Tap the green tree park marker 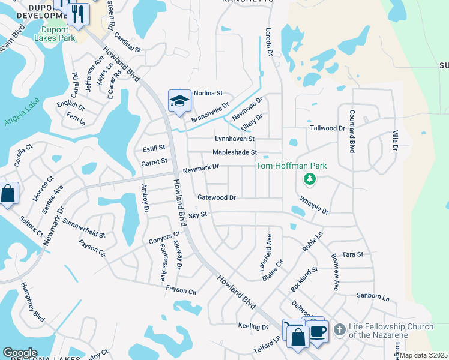(310, 179)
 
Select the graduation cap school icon (179, 101)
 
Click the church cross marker (339, 329)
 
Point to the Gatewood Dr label (216, 197)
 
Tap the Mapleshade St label (235, 152)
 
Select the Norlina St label (208, 94)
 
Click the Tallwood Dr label (327, 128)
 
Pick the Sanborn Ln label (372, 296)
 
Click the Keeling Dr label (253, 327)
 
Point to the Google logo (20, 353)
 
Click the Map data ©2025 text (424, 355)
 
